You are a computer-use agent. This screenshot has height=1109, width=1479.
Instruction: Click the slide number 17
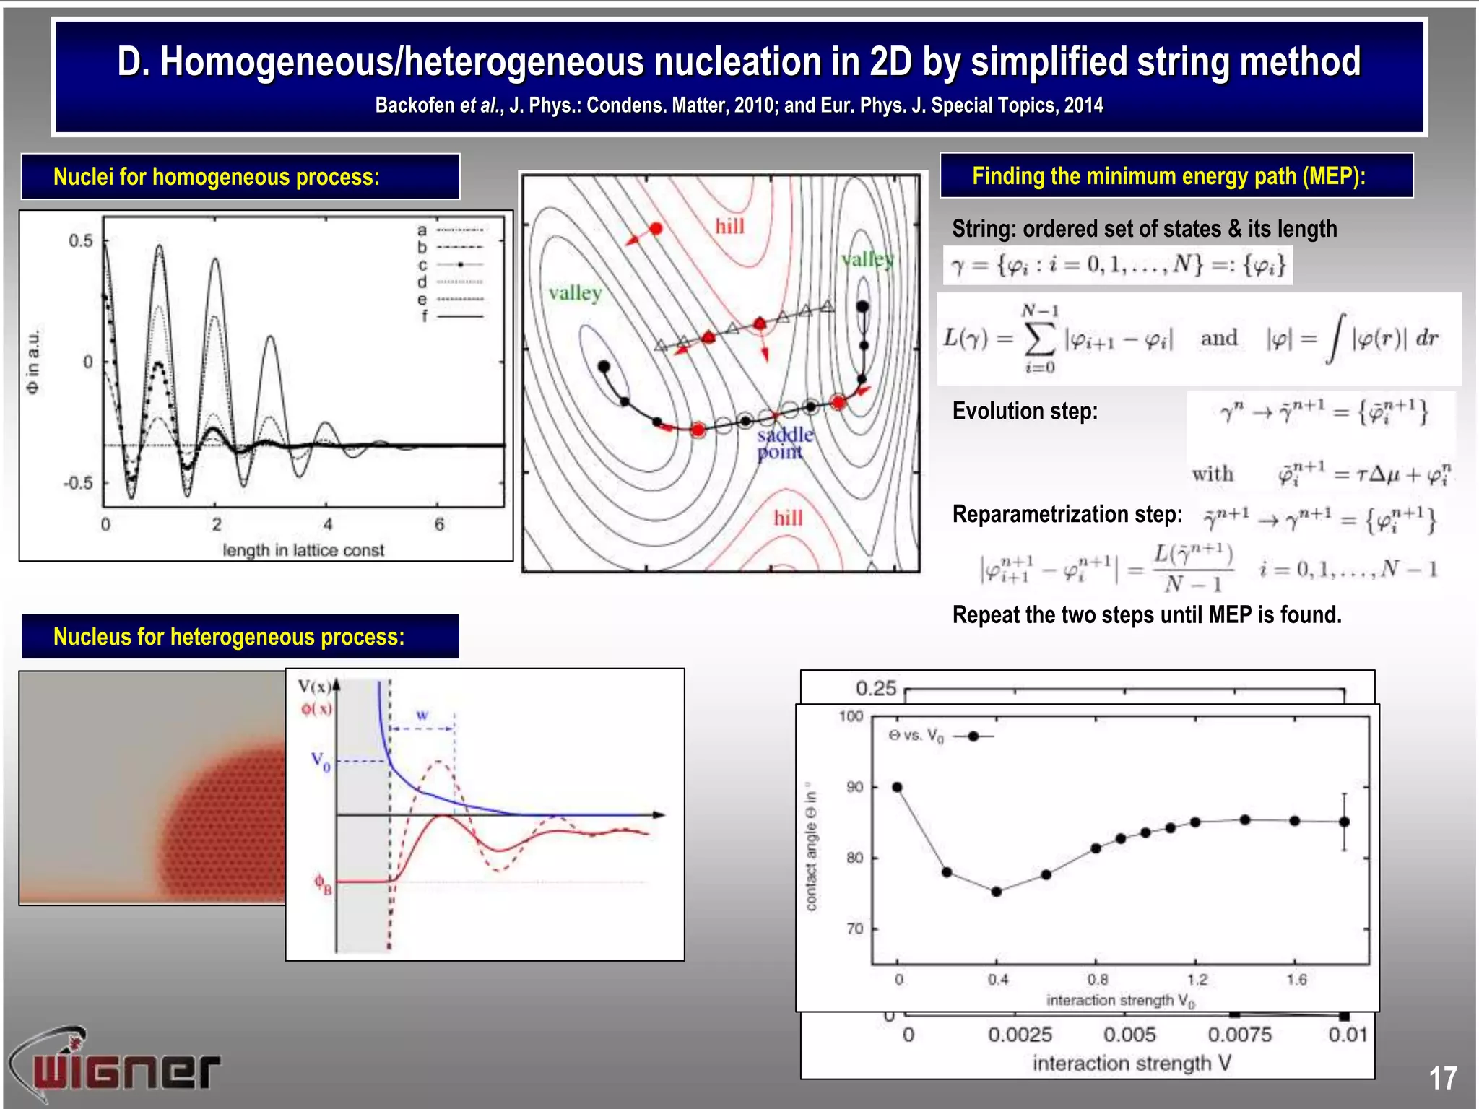pos(1442,1078)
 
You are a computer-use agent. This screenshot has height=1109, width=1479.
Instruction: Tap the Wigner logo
pos(116,1067)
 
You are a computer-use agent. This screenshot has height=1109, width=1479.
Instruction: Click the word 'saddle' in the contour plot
pos(785,435)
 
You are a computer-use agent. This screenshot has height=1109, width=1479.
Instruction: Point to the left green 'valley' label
pos(575,292)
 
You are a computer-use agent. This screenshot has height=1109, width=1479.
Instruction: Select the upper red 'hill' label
pos(729,227)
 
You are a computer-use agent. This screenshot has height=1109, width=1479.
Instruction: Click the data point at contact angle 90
pos(897,787)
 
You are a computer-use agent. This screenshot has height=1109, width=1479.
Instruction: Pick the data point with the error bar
pos(1344,822)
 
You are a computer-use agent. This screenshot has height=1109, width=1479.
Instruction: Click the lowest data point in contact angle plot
pos(996,892)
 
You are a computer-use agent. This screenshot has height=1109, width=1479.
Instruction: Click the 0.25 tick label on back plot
pos(875,688)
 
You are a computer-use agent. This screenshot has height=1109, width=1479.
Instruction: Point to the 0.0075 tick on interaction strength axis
pos(1239,1035)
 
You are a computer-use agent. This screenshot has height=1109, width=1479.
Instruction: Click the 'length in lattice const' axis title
pos(303,550)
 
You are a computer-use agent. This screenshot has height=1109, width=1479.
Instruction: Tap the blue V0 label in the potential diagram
pos(321,761)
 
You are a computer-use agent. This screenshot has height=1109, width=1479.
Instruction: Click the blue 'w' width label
pos(422,715)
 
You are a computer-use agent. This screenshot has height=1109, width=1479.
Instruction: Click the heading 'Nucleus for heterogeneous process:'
pos(229,637)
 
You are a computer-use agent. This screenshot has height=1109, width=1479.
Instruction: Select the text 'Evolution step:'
pos(1025,411)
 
